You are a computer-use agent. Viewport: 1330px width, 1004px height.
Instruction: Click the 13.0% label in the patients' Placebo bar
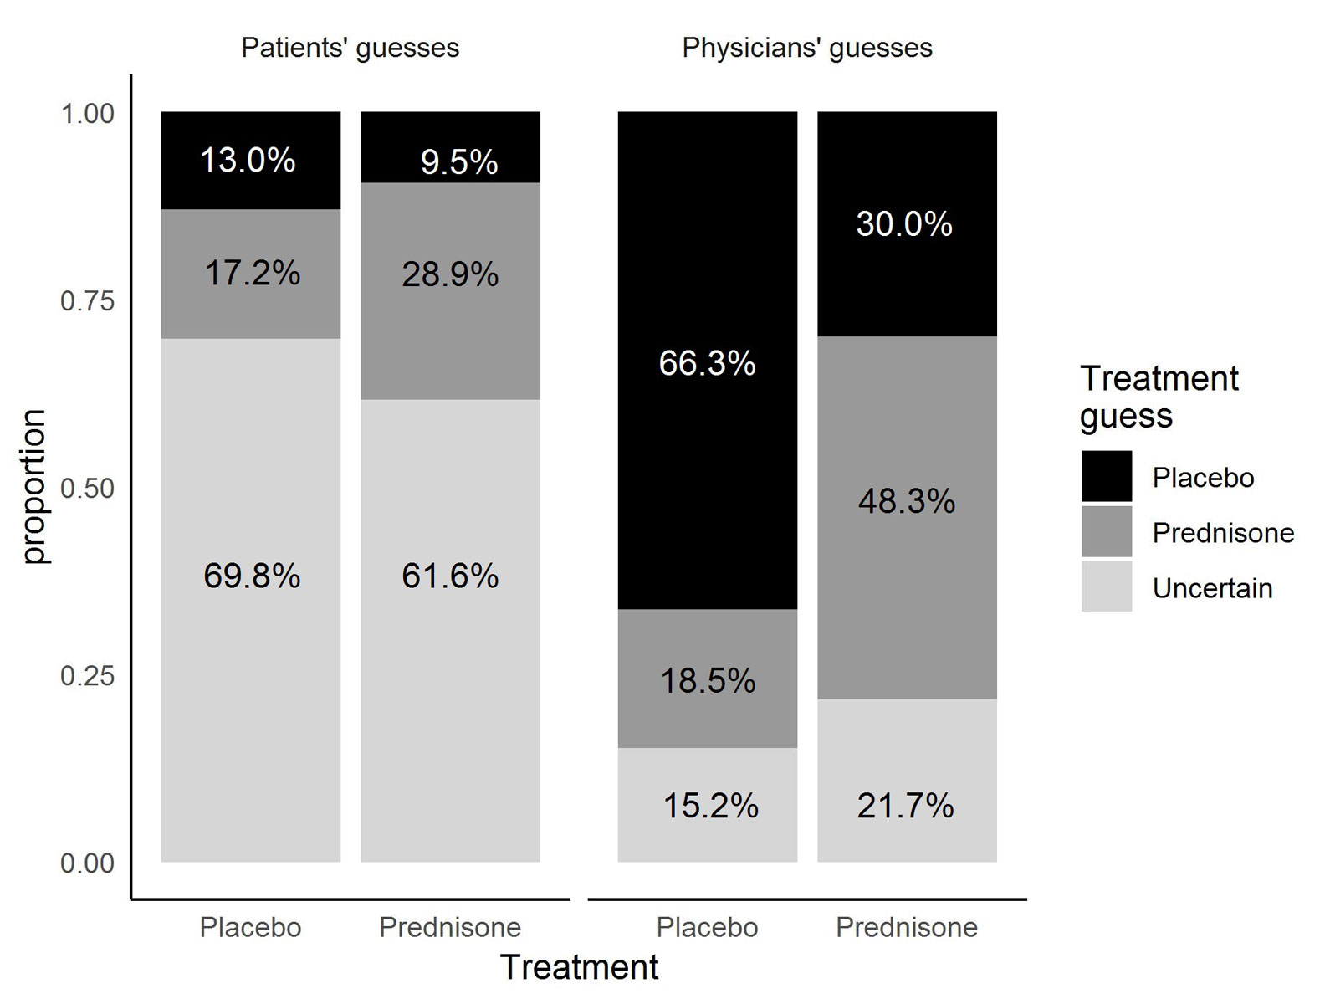[x=248, y=160]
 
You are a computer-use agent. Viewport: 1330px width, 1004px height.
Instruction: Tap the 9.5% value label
[x=459, y=162]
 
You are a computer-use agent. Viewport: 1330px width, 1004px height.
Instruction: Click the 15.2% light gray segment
[x=707, y=805]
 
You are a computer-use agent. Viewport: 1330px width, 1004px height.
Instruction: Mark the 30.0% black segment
[x=907, y=223]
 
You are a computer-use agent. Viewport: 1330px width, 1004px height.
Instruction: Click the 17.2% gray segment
[x=251, y=274]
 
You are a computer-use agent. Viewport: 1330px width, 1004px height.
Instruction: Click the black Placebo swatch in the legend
[x=1106, y=477]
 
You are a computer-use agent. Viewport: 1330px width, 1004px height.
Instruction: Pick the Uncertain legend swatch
[x=1106, y=587]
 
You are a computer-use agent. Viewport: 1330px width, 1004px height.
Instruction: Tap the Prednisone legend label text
[x=1223, y=533]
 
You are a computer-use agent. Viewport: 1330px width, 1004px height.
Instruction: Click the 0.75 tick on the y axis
[x=87, y=301]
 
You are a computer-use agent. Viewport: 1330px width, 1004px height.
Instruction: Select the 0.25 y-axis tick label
[x=87, y=676]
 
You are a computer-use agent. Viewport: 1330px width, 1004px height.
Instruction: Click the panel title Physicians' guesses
[x=807, y=48]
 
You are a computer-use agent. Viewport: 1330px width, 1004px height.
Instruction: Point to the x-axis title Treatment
[x=579, y=967]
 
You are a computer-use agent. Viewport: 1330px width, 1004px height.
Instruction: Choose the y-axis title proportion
[x=34, y=487]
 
